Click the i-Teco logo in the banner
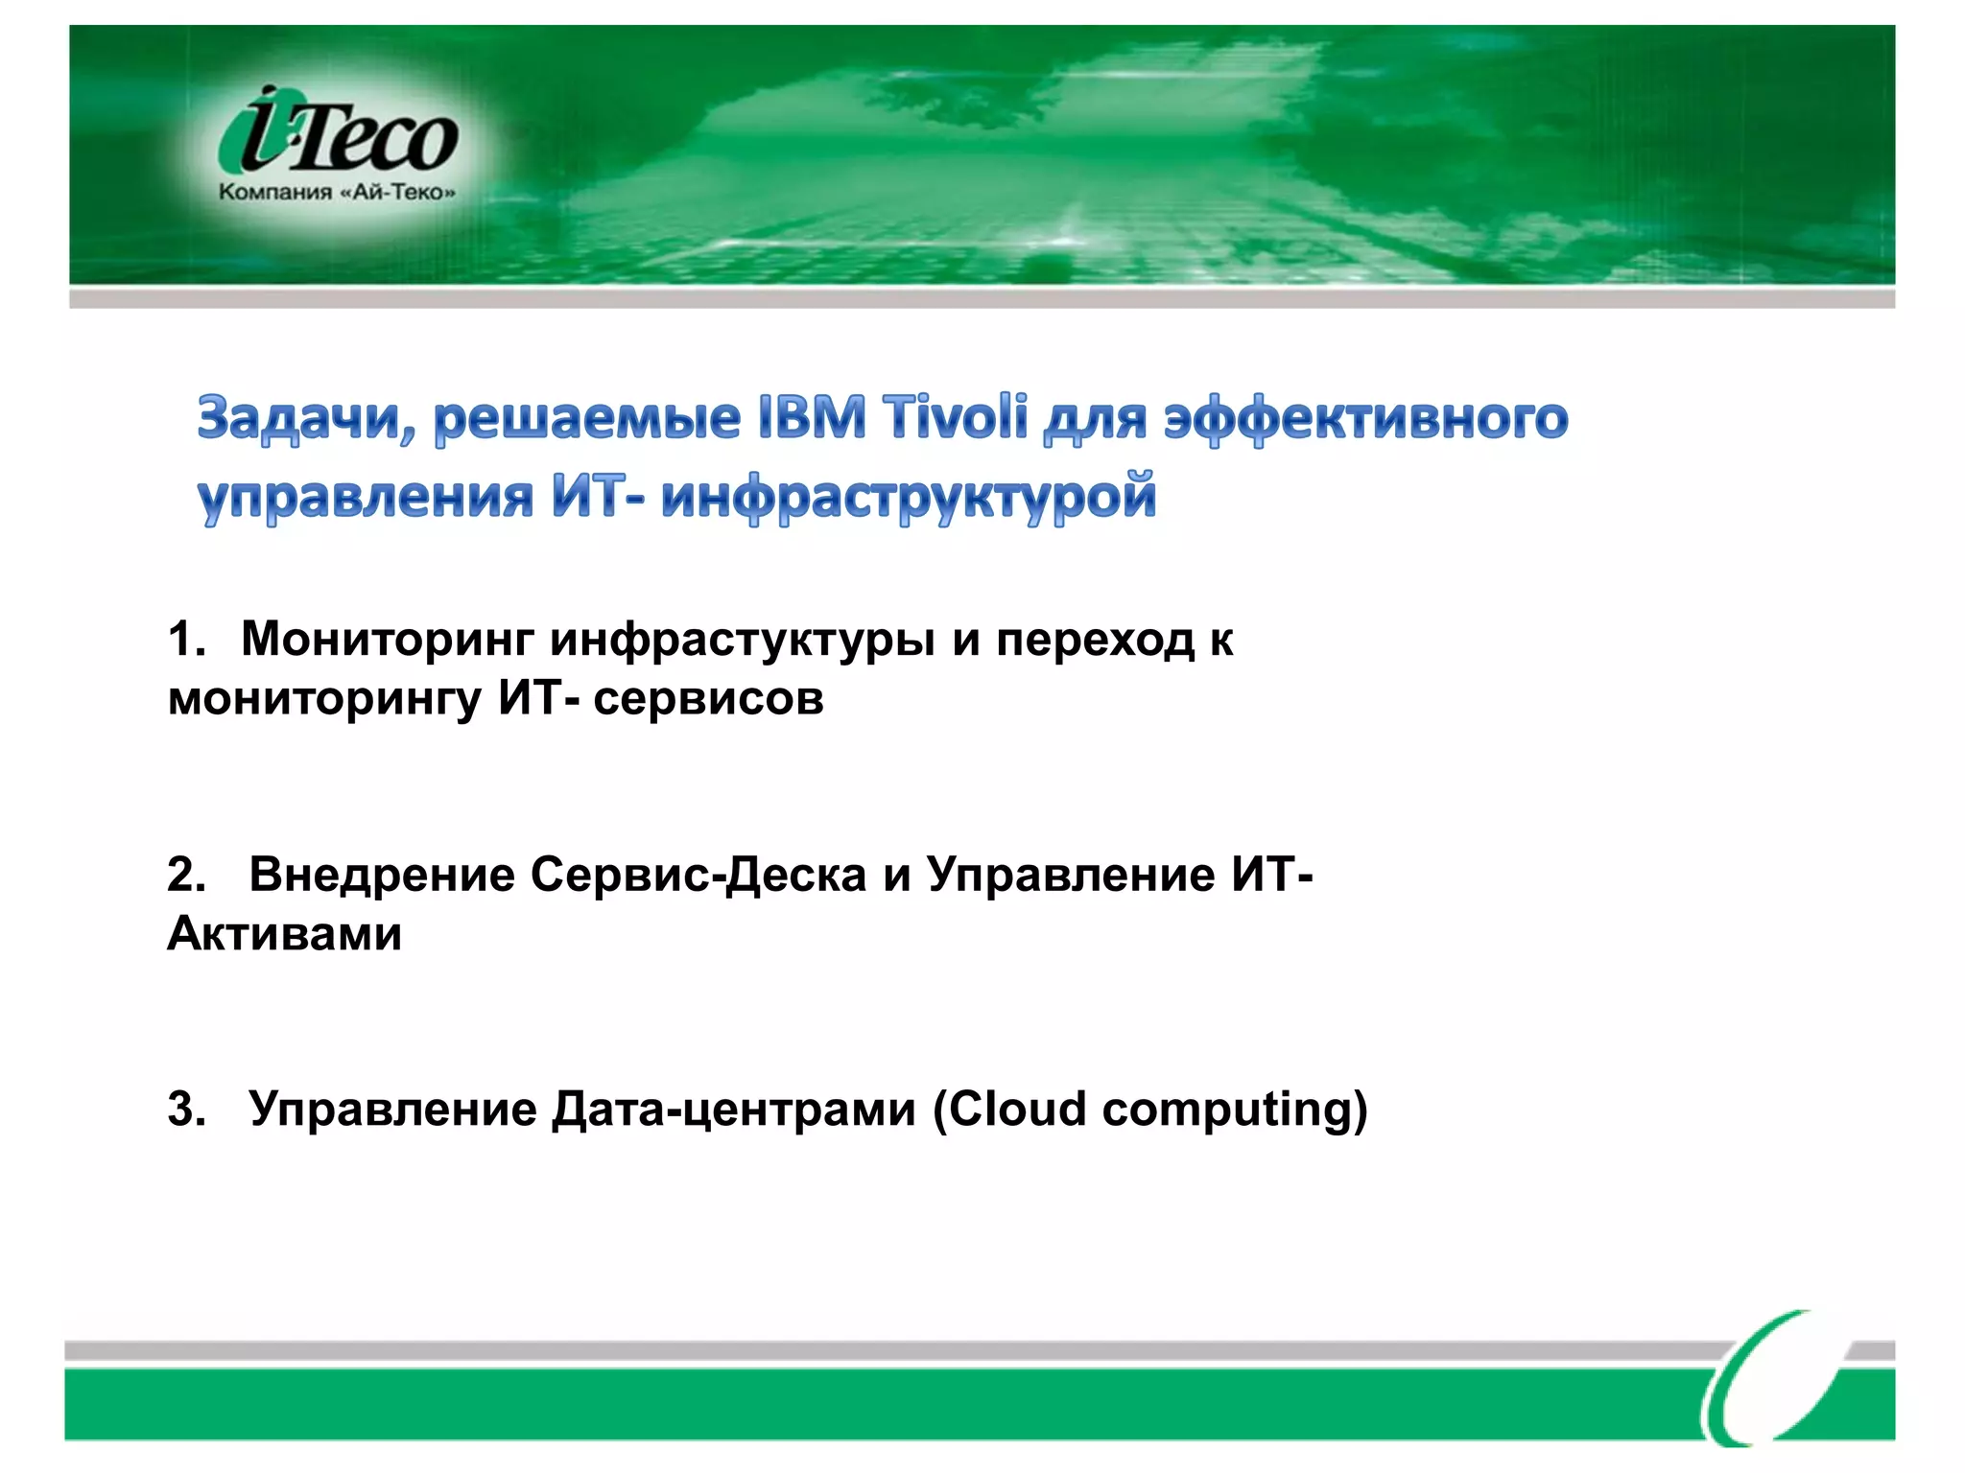tap(338, 131)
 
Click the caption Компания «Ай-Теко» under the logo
tap(337, 192)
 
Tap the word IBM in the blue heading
tap(812, 419)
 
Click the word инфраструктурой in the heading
tap(908, 498)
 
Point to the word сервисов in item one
tap(708, 698)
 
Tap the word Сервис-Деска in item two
tap(698, 875)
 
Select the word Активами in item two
tap(285, 933)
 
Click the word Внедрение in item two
tap(381, 875)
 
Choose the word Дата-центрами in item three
tap(734, 1110)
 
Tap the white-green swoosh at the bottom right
tap(1775, 1381)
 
